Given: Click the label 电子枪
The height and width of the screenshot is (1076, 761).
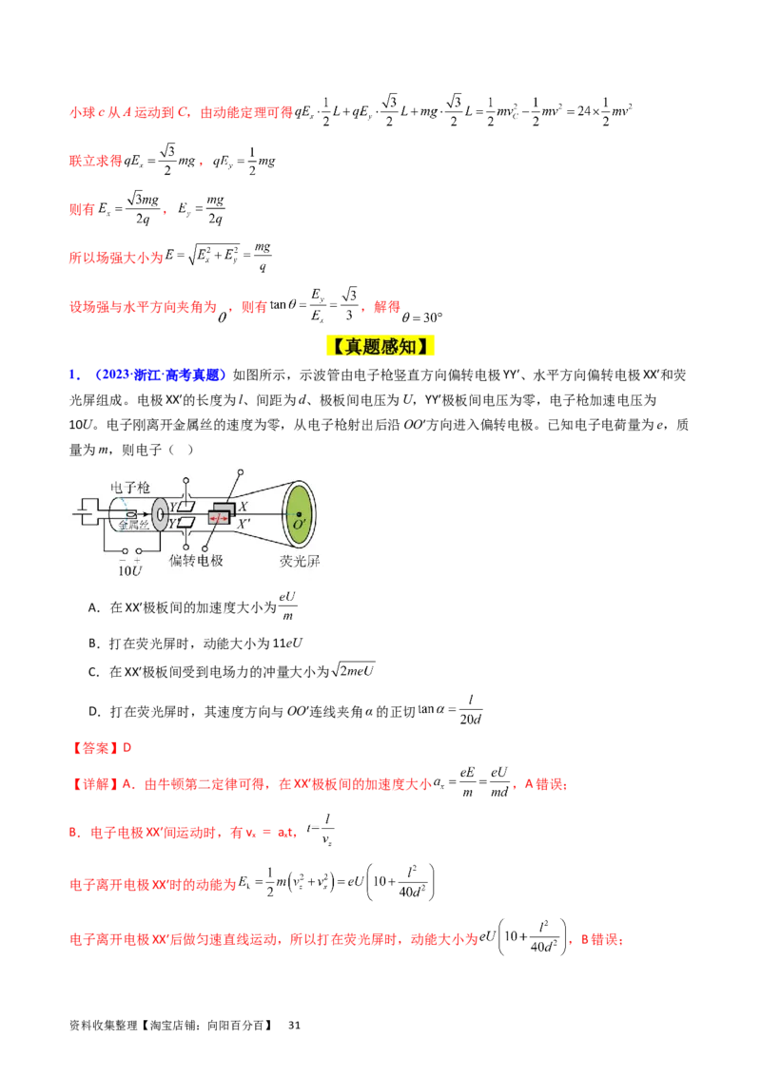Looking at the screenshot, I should coord(131,487).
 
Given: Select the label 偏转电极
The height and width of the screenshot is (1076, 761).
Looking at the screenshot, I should coord(196,561).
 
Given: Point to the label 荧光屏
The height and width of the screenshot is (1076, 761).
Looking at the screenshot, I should coord(300,561).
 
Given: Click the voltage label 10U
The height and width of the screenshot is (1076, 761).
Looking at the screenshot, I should coord(128,573).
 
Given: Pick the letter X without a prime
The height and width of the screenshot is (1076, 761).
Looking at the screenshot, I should coord(243,507).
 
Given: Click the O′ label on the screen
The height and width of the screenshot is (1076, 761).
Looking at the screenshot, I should coord(300,526).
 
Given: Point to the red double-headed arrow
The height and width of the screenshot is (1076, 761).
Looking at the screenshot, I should coord(219,519).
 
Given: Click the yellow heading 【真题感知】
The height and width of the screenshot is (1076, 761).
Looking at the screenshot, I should coord(380,347).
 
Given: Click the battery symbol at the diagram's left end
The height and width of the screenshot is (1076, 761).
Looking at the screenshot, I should coord(82,514).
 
